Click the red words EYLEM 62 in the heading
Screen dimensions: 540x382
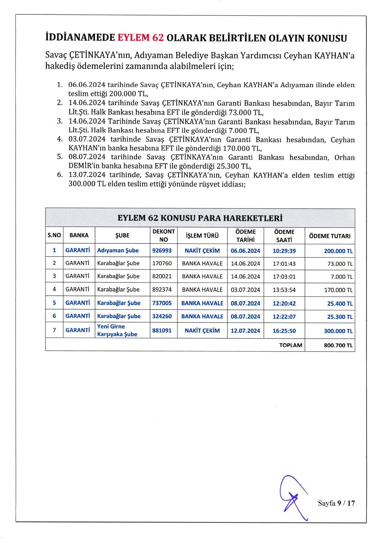point(141,38)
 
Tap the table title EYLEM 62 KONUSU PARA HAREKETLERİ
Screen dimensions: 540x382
point(200,218)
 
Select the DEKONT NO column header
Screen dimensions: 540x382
point(163,235)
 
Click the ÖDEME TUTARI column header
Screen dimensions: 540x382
point(330,236)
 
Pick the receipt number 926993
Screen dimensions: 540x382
point(162,251)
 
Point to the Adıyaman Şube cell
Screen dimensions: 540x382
point(118,251)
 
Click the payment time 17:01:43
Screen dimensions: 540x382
point(284,264)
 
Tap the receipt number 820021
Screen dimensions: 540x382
point(162,276)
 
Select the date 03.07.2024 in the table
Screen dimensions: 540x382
point(245,290)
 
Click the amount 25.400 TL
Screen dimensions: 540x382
point(340,304)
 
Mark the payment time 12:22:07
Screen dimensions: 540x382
point(284,316)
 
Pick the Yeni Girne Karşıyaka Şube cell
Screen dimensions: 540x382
point(117,330)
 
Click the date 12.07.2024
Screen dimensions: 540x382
point(245,331)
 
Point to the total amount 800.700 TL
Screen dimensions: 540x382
point(338,345)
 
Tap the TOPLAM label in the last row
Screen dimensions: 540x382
point(291,345)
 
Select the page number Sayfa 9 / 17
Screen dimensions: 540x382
point(336,503)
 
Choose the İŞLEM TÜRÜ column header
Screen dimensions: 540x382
point(202,236)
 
